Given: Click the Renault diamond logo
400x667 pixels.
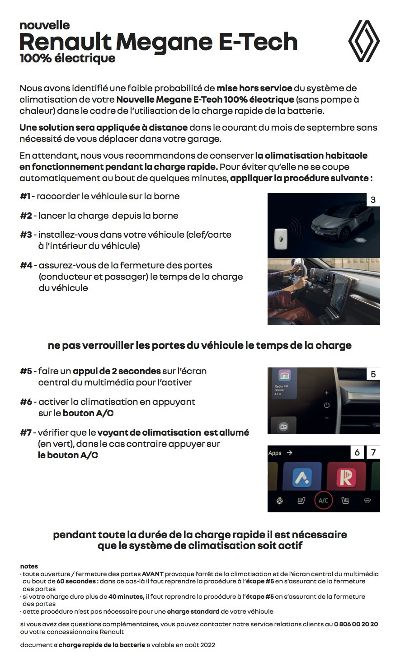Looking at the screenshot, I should click(x=364, y=41).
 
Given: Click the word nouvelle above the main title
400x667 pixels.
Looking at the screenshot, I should click(x=44, y=25).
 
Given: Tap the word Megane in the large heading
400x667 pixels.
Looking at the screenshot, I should click(x=164, y=42).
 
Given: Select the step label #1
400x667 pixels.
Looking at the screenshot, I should click(x=25, y=196).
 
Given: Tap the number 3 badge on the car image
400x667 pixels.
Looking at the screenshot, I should click(x=373, y=200).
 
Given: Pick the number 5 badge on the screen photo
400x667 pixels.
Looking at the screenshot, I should click(x=373, y=374).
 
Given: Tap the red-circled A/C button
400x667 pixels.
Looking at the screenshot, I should click(x=323, y=500).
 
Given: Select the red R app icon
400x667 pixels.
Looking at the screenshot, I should click(x=346, y=477).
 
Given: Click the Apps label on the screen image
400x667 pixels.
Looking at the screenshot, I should click(x=275, y=453).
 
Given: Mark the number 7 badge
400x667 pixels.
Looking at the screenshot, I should click(x=373, y=452).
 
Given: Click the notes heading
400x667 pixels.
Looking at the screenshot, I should click(x=29, y=566).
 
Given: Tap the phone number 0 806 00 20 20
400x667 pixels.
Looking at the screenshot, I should click(x=356, y=624).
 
